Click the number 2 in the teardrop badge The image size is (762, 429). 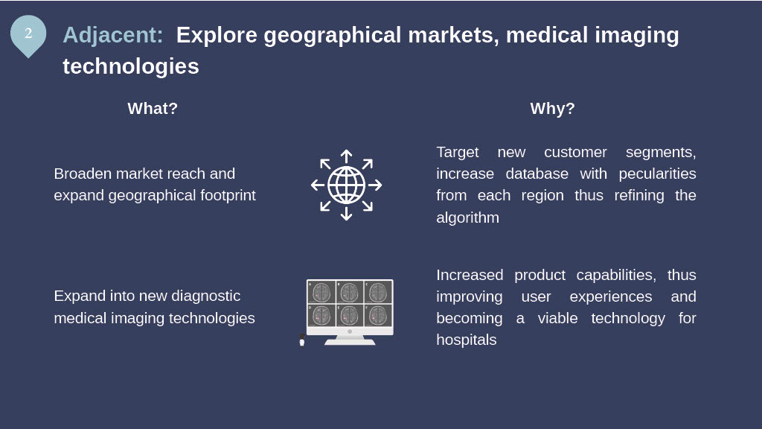(x=28, y=33)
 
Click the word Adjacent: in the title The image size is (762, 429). (x=113, y=35)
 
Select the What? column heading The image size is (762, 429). (x=153, y=108)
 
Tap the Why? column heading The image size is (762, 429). (x=553, y=108)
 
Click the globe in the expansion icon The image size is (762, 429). (x=347, y=185)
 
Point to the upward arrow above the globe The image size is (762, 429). (x=347, y=156)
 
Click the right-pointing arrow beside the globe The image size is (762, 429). (x=375, y=185)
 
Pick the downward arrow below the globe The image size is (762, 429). (x=347, y=214)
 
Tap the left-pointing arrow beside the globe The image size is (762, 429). (x=318, y=185)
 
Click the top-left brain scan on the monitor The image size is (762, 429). (x=321, y=293)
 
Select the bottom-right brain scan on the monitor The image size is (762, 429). (x=377, y=315)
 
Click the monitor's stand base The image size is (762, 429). (x=350, y=341)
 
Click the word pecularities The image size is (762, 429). (x=657, y=174)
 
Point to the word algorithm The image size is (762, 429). (x=467, y=217)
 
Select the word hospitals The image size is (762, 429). (x=466, y=340)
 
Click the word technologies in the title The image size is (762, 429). (x=131, y=66)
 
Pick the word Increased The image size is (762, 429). (x=470, y=275)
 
